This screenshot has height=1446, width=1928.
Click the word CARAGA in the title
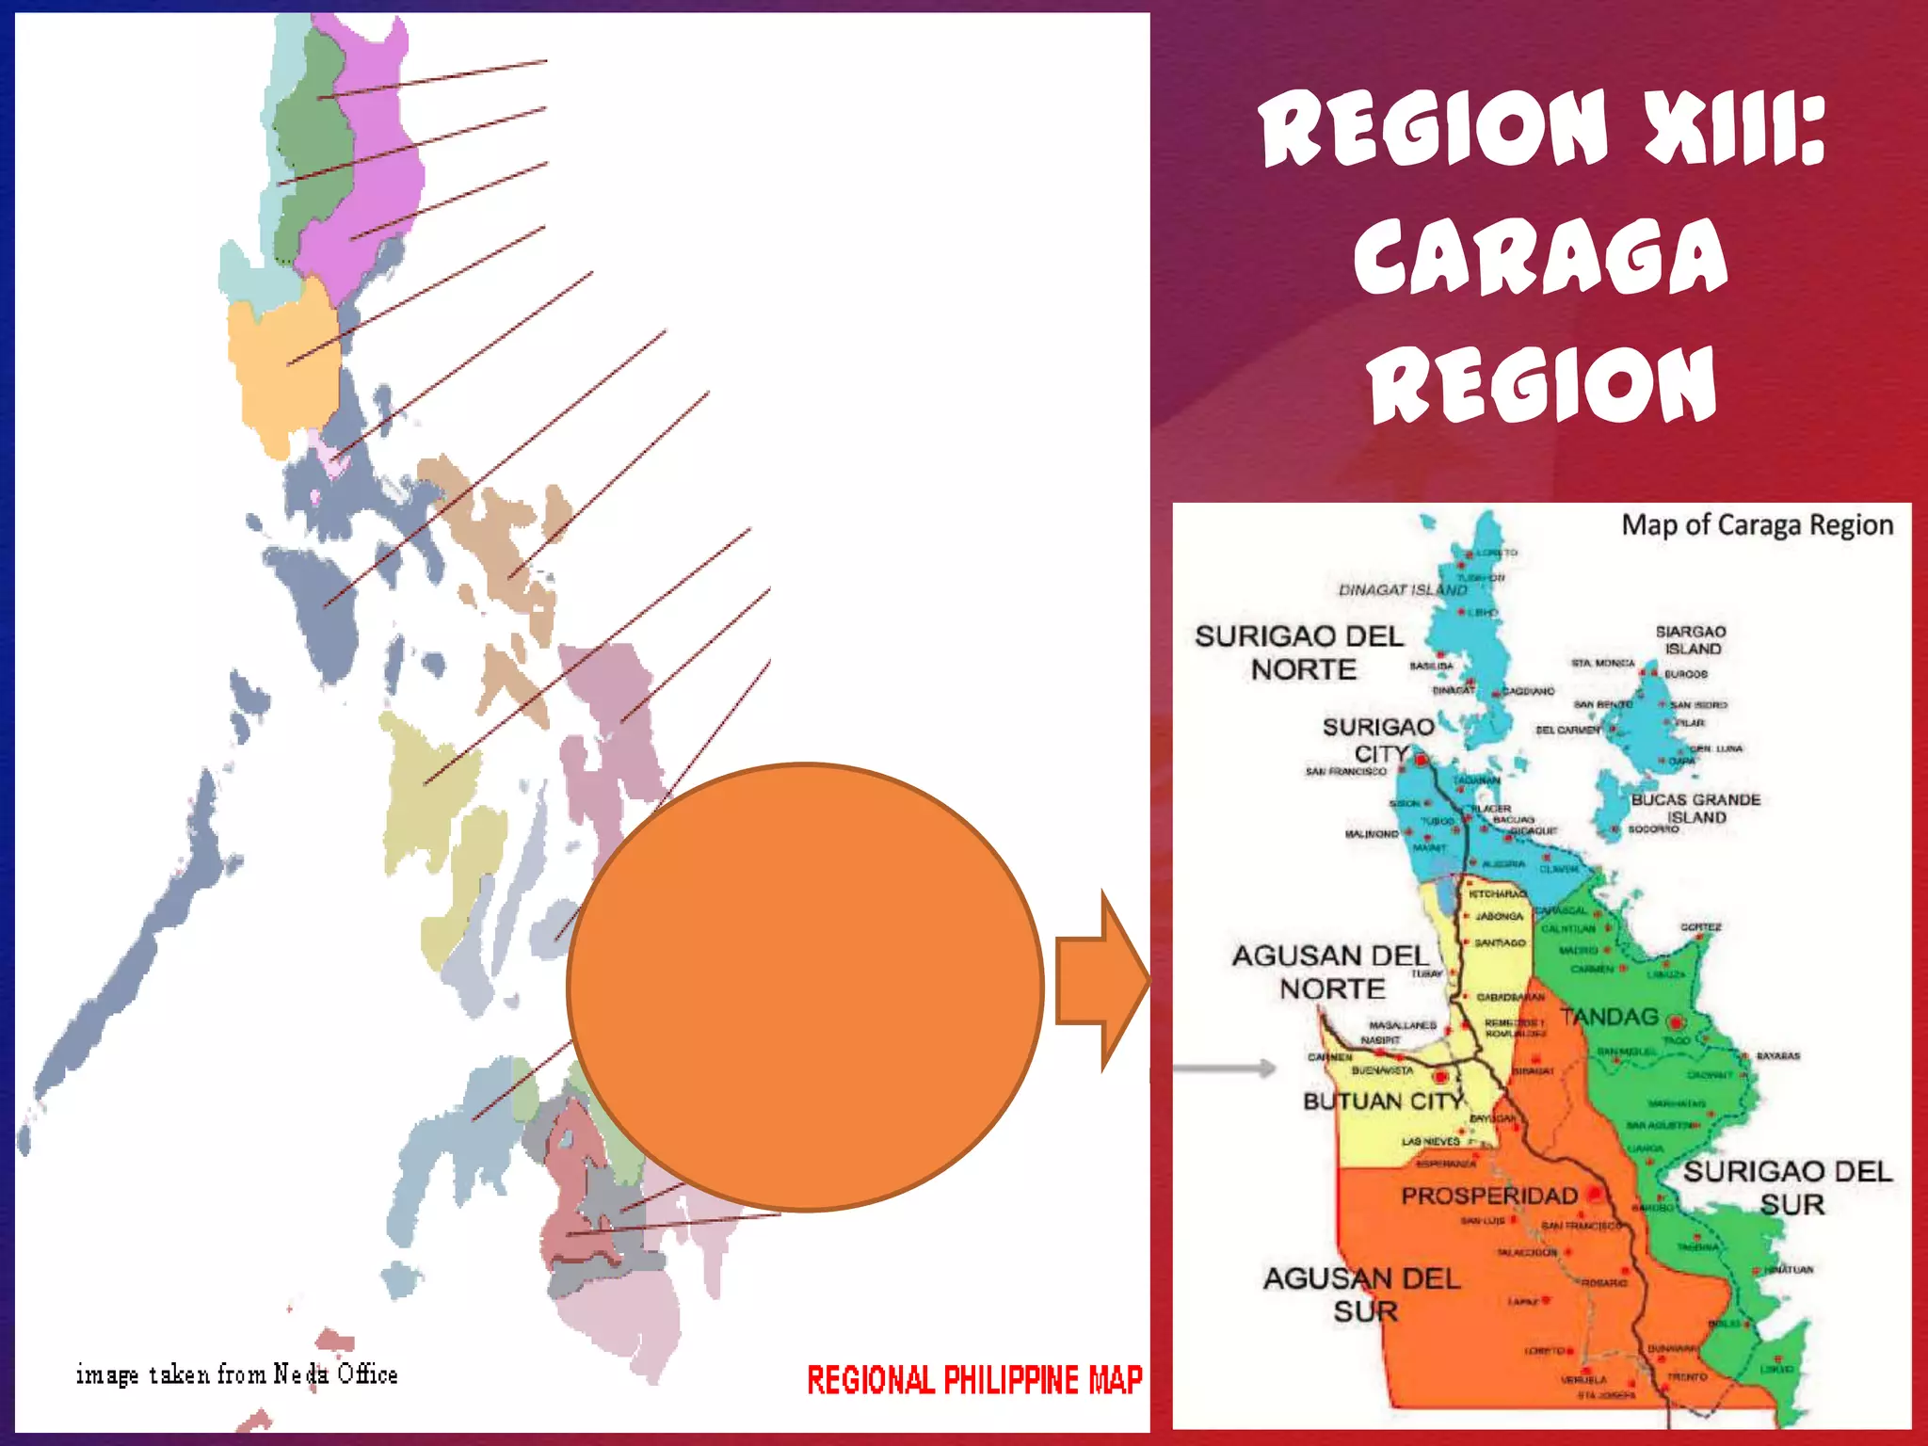(1540, 256)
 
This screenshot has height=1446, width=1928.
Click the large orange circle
(806, 987)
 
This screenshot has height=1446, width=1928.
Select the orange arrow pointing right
(1101, 981)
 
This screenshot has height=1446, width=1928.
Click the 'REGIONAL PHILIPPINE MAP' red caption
(974, 1380)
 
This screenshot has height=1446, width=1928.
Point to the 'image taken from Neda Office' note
(236, 1374)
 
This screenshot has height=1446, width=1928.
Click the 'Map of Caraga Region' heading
(1757, 525)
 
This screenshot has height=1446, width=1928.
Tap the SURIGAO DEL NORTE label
(1300, 652)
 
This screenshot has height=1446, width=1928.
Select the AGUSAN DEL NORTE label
(1330, 972)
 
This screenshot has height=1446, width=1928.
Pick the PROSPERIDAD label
(1489, 1196)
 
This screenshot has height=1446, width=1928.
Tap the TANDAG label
(1609, 1017)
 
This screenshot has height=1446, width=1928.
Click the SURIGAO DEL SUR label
(1788, 1187)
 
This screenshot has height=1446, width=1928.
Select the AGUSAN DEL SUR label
(1362, 1293)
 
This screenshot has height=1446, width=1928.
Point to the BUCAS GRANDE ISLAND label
(1695, 808)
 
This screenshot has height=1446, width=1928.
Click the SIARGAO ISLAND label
(1691, 640)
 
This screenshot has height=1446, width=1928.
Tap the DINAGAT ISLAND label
(1403, 590)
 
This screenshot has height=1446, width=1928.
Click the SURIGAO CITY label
(1378, 740)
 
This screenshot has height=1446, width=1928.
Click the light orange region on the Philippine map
(282, 367)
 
